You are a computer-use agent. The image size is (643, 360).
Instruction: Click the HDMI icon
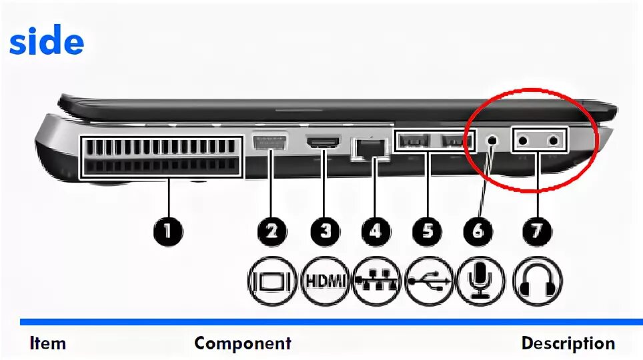326,281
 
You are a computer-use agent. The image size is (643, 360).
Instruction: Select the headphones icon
537,281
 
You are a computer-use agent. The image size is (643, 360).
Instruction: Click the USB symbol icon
428,281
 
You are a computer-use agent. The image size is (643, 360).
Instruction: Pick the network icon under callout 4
376,281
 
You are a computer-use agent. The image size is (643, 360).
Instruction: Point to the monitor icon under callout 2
272,281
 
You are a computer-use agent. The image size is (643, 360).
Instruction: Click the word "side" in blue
47,43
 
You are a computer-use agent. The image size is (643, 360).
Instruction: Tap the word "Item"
48,344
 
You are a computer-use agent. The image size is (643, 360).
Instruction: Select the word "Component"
243,344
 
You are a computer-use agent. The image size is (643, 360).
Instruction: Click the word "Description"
568,344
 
